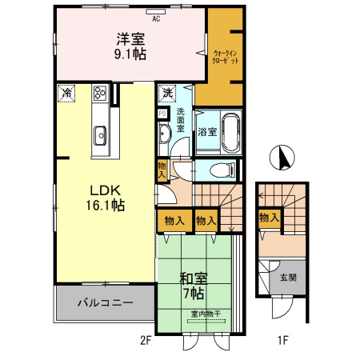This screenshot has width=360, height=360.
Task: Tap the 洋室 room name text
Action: click(131, 38)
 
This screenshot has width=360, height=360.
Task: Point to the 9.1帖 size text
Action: click(131, 54)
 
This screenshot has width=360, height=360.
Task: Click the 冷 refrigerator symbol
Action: click(66, 93)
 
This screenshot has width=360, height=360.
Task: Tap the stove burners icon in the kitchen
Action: click(101, 93)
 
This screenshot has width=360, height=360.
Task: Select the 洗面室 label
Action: click(181, 120)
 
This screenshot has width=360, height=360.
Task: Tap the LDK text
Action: click(104, 190)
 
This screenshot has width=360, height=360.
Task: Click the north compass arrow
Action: click(281, 157)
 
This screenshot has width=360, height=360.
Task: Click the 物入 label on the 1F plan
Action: click(269, 218)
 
